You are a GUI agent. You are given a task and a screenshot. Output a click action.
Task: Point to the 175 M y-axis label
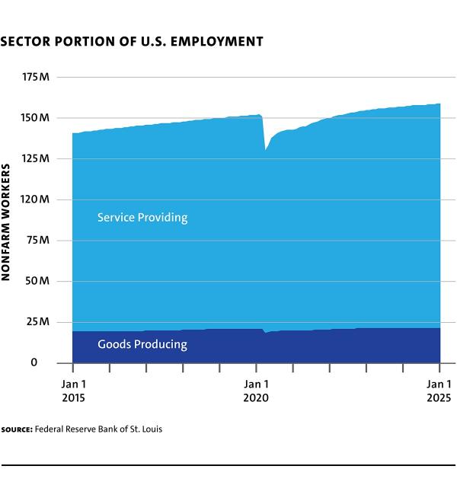(36, 78)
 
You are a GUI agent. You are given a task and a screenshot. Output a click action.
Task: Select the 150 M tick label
(36, 118)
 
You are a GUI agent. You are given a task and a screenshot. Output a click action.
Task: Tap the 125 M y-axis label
(36, 159)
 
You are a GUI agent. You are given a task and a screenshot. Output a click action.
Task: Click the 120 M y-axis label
(36, 199)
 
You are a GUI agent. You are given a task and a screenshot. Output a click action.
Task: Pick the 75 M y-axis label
(38, 241)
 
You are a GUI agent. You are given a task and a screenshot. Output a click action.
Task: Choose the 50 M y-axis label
(38, 281)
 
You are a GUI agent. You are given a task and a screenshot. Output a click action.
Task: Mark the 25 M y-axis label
(38, 322)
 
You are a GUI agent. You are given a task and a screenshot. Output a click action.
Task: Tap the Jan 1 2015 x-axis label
(73, 391)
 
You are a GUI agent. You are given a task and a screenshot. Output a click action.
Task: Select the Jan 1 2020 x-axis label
(256, 391)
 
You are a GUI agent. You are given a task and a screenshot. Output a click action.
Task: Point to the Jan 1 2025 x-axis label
(439, 391)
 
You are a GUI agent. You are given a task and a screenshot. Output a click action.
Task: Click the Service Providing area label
(142, 218)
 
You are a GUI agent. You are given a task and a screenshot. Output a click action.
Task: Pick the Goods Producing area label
(142, 344)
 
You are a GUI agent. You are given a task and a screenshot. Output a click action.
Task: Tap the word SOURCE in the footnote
(16, 429)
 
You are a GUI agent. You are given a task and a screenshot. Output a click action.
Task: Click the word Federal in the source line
(51, 429)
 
